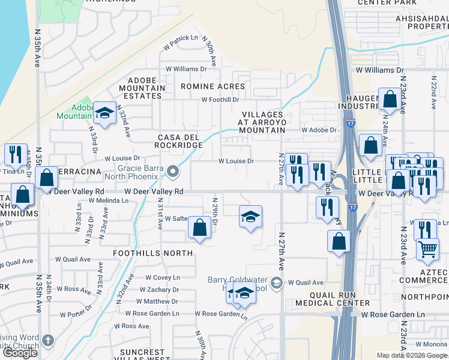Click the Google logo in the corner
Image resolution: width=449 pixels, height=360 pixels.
tap(20, 353)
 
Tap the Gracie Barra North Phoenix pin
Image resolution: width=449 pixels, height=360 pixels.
tap(173, 172)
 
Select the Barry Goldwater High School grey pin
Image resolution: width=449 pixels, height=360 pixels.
tap(276, 282)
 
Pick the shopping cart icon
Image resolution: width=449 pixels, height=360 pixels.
tap(427, 249)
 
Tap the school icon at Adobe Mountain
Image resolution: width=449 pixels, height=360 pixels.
tap(104, 113)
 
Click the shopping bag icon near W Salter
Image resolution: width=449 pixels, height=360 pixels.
tap(199, 228)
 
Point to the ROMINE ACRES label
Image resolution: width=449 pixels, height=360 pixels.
tap(205, 86)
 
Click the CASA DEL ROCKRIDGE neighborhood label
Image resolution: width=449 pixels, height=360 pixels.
tap(176, 141)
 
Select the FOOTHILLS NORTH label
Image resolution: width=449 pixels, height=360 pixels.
tap(153, 253)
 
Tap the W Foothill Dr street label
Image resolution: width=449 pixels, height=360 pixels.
tap(220, 100)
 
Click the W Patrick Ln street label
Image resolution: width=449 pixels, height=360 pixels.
tap(180, 38)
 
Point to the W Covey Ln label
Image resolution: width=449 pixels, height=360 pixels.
tap(163, 278)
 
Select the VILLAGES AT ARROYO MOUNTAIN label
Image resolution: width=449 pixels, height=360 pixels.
tap(262, 122)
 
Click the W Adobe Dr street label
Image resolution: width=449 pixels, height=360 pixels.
tap(319, 130)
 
